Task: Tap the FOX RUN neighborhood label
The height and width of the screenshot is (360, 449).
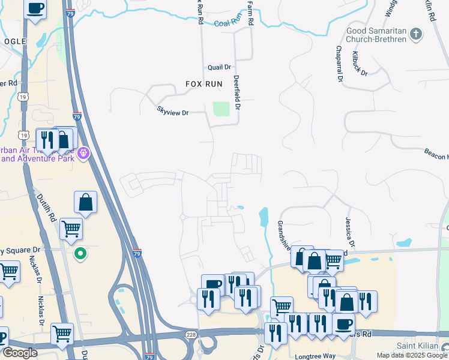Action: pyautogui.click(x=204, y=84)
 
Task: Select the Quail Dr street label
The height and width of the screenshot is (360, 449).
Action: pyautogui.click(x=220, y=68)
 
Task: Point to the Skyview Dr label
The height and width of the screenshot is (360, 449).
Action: pyautogui.click(x=173, y=112)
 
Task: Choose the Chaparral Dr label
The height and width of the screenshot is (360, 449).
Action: pyautogui.click(x=339, y=64)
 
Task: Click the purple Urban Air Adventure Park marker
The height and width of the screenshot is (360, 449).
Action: pyautogui.click(x=83, y=154)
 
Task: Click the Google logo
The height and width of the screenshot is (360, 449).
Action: pyautogui.click(x=20, y=353)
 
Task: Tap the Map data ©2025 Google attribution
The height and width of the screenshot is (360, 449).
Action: pyautogui.click(x=412, y=355)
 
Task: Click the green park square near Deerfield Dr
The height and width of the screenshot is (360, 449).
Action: pyautogui.click(x=221, y=109)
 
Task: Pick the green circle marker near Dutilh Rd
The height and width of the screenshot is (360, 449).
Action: pyautogui.click(x=80, y=254)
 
